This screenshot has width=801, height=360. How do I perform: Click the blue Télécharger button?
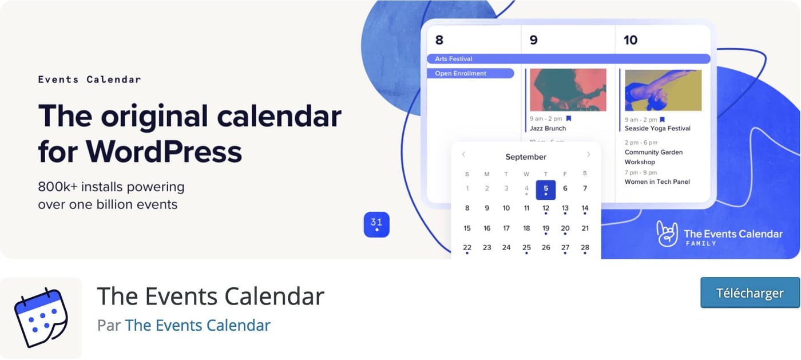[x=750, y=293]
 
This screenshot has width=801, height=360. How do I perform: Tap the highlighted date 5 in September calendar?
[x=546, y=189]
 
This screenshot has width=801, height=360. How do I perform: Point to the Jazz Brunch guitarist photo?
[x=568, y=90]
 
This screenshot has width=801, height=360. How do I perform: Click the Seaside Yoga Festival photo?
[x=663, y=90]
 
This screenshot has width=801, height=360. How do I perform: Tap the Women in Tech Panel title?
[x=657, y=182]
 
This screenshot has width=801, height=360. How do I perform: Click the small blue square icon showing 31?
[x=376, y=224]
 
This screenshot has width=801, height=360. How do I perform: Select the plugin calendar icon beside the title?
[x=41, y=318]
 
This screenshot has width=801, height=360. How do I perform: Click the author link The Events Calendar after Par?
[x=197, y=325]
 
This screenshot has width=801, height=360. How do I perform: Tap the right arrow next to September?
[x=588, y=155]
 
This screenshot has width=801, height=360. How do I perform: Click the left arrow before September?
[x=463, y=155]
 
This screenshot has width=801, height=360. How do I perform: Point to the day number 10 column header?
[x=630, y=40]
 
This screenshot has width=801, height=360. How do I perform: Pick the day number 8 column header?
[x=439, y=40]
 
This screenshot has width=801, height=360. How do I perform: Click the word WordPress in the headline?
[x=164, y=151]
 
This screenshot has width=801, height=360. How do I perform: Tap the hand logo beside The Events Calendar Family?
[x=667, y=234]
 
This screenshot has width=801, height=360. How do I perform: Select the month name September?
[x=526, y=157]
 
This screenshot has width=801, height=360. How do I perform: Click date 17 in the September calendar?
[x=506, y=228]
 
